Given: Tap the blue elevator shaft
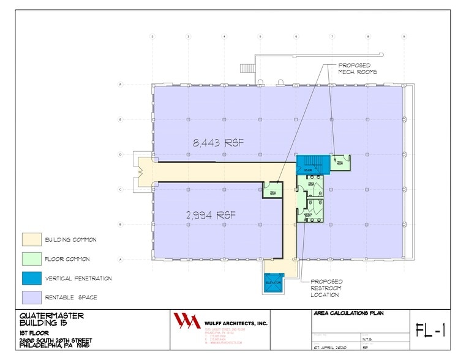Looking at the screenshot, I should pos(273,283).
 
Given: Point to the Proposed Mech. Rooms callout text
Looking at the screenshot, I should pos(358,68).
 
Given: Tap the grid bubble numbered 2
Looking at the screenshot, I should pos(152,37).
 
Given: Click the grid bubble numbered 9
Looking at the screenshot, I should pos(404,37).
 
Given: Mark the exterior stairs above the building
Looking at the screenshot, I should pos(248,67).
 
